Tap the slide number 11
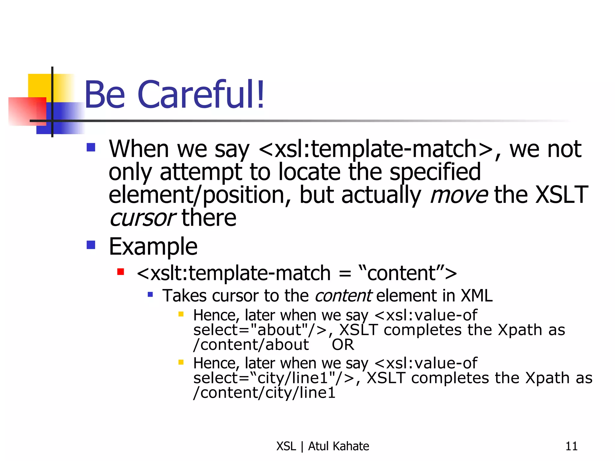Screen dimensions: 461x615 click(x=571, y=446)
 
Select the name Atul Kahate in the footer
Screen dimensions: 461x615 click(x=338, y=446)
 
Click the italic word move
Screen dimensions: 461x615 click(x=459, y=195)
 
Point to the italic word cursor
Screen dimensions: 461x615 click(x=142, y=218)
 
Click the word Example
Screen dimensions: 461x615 click(x=153, y=247)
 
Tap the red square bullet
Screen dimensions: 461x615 click(x=121, y=272)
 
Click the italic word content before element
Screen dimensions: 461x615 click(x=343, y=296)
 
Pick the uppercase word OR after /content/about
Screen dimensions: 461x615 click(x=343, y=345)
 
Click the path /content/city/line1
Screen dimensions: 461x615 click(x=264, y=393)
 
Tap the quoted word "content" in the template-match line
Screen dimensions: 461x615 click(x=401, y=273)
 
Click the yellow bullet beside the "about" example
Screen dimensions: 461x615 click(x=181, y=314)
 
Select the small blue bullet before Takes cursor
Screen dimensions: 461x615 click(x=150, y=294)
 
